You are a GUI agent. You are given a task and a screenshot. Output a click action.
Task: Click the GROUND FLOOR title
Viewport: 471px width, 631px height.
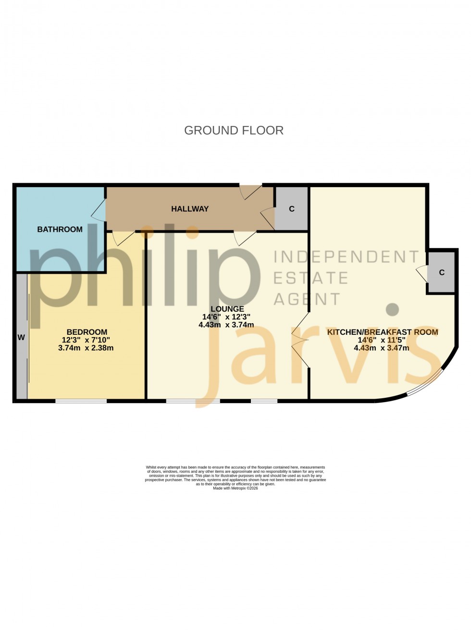tap(234, 130)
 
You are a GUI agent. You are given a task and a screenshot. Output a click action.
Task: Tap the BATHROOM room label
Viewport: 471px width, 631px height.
tap(60, 229)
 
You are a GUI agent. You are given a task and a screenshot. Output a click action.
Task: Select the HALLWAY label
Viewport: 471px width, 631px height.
tap(190, 209)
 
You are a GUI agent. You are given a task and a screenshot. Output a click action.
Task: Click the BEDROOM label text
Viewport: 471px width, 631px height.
tap(87, 332)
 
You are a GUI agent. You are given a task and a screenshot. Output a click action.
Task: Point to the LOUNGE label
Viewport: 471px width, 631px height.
tap(227, 309)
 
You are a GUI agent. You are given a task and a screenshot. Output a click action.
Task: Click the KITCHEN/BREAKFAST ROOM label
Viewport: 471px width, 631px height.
tap(383, 332)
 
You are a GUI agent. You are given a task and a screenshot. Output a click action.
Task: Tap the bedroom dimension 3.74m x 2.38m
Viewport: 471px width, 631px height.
tap(86, 348)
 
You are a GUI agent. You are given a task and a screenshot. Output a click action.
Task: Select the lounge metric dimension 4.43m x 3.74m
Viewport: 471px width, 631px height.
tap(226, 325)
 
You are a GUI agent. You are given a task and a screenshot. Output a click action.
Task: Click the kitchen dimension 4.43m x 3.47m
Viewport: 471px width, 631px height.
tap(382, 348)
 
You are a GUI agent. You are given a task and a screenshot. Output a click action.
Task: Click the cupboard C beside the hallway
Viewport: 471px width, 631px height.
tap(291, 209)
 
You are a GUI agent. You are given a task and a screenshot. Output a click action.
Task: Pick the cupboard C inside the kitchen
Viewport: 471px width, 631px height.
tap(442, 272)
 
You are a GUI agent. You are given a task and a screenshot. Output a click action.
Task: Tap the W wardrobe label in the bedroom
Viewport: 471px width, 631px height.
tap(21, 338)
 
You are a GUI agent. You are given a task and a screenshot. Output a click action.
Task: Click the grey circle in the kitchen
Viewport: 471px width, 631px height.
tap(393, 309)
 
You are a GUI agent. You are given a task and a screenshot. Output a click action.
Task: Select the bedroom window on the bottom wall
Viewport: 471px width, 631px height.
tap(81, 401)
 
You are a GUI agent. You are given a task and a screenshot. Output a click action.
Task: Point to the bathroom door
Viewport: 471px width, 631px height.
tap(99, 210)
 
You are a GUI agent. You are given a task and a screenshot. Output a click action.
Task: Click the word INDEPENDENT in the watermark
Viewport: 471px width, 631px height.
tap(346, 257)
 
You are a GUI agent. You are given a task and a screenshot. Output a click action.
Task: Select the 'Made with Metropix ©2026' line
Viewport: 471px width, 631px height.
tap(235, 488)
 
